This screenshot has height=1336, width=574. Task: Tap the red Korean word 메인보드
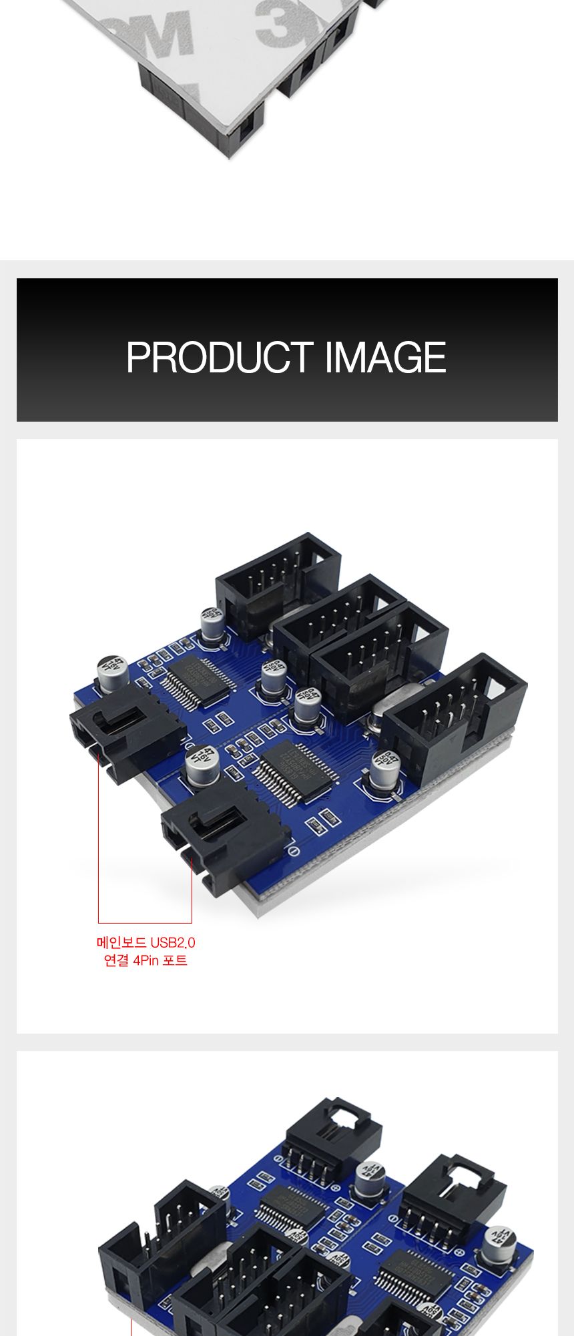pyautogui.click(x=122, y=943)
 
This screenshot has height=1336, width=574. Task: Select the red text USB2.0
pyautogui.click(x=173, y=943)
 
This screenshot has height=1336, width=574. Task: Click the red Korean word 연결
pyautogui.click(x=116, y=961)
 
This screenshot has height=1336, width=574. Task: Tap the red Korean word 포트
pyautogui.click(x=175, y=961)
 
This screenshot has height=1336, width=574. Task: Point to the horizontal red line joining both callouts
pyautogui.click(x=145, y=923)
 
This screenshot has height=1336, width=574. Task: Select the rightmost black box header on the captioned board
pyautogui.click(x=456, y=714)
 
